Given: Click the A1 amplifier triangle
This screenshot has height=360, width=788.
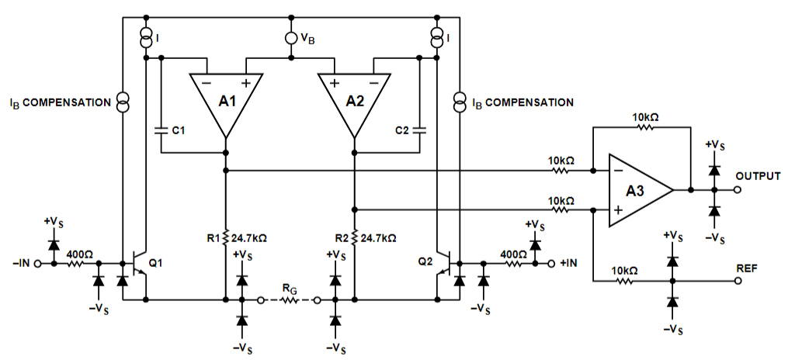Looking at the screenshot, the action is tap(226, 100).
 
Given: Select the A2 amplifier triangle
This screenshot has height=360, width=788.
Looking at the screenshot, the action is tap(354, 100).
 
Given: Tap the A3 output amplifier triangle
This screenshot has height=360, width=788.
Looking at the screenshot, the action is tap(638, 190).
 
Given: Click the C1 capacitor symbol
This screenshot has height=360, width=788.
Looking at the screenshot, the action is tap(161, 130).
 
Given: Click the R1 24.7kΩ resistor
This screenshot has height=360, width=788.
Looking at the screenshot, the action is tap(226, 237).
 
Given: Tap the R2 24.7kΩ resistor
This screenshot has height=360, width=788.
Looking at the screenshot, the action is tap(354, 237).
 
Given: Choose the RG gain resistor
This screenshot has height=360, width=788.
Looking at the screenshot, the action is tap(289, 301).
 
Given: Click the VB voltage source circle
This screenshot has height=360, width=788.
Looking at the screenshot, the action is tap(290, 38).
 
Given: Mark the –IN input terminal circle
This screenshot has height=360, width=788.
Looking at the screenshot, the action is tap(38, 263).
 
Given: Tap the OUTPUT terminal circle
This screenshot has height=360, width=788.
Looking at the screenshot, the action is tap(738, 190).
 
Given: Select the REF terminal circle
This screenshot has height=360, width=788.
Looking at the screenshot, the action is tap(738, 281).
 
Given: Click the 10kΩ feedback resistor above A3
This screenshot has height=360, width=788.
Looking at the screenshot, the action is tap(647, 127).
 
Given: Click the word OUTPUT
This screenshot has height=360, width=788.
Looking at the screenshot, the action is tap(758, 176).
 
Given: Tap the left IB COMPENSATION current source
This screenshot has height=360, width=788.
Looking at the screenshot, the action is tap(122, 102).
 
